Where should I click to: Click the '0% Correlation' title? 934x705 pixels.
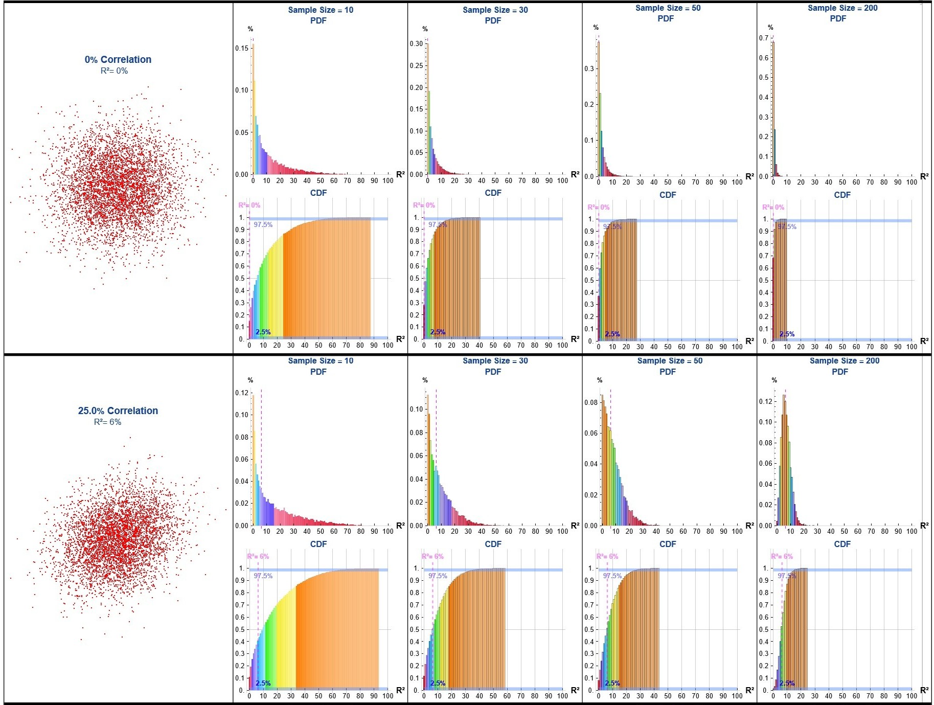click(118, 59)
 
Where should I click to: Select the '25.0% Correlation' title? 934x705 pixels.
click(118, 411)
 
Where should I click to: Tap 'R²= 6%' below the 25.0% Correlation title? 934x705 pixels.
click(107, 422)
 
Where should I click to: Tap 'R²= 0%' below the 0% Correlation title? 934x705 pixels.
click(114, 71)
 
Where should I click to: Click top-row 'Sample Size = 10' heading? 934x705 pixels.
click(321, 10)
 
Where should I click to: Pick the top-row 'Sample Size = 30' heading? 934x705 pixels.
click(495, 10)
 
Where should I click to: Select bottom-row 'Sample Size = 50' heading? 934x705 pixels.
click(670, 361)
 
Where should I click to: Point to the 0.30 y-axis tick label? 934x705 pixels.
click(416, 44)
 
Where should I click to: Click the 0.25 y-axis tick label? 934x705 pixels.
click(416, 65)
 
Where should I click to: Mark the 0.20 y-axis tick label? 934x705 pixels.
click(416, 87)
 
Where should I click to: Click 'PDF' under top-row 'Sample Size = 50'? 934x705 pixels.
click(666, 19)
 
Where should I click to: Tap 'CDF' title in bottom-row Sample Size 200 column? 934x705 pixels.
click(842, 544)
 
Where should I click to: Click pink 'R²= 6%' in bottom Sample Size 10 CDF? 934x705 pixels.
click(258, 556)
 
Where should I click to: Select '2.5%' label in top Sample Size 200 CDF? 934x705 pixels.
click(787, 334)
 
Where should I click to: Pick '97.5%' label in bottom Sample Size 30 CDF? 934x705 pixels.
click(438, 576)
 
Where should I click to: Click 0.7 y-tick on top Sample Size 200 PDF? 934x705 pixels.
click(764, 38)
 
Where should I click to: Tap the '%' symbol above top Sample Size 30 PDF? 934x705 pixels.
click(425, 29)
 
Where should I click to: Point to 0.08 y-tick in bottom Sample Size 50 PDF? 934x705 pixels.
click(591, 402)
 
